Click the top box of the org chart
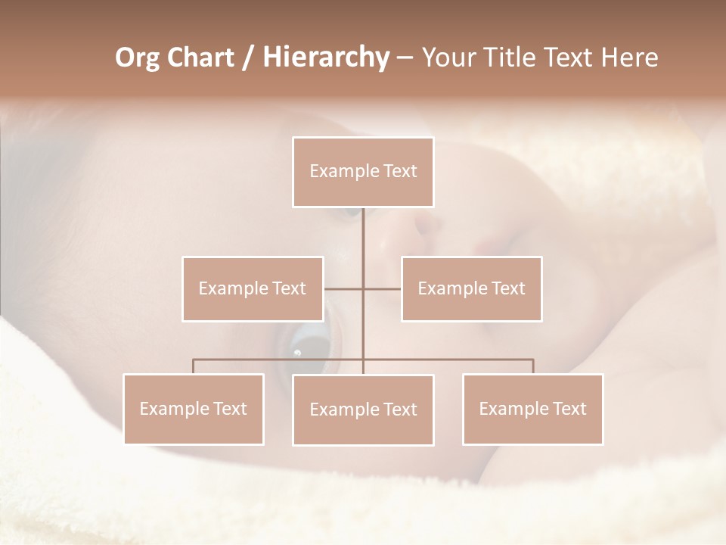click(363, 172)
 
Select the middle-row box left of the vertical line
click(253, 288)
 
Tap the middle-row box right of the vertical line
click(472, 288)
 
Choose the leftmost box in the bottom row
click(194, 409)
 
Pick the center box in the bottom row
click(363, 410)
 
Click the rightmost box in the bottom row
click(533, 409)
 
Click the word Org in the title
click(137, 58)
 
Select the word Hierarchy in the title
click(325, 58)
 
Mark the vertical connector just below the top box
click(363, 227)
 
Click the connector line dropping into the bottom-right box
click(533, 366)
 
